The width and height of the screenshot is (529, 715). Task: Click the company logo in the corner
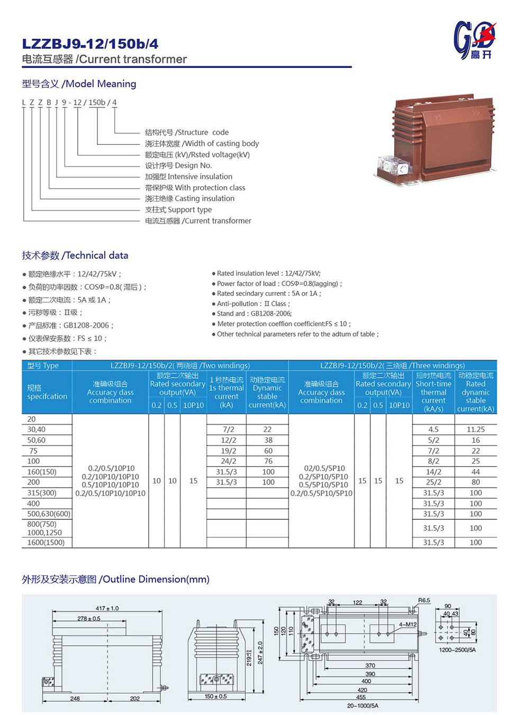[475, 40]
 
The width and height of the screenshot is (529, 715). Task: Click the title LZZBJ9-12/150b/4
[90, 44]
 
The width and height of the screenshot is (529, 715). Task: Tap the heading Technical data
[75, 255]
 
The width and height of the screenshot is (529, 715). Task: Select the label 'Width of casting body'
[202, 143]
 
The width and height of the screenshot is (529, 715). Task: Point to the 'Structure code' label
[187, 132]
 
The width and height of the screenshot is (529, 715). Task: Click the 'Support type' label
[178, 209]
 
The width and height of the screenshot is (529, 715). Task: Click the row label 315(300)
[42, 493]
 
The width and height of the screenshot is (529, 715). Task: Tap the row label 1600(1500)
[46, 542]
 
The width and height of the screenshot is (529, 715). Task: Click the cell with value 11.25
[476, 429]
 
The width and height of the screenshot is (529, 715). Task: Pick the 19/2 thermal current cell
[228, 451]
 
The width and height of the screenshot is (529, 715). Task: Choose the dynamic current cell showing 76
[268, 461]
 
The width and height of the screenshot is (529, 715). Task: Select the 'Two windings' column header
[180, 365]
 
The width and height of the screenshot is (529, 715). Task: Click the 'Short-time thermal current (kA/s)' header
[433, 392]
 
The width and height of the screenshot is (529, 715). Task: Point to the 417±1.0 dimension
[107, 608]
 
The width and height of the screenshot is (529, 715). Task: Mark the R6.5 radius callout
[424, 600]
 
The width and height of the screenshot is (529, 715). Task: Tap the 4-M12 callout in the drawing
[408, 625]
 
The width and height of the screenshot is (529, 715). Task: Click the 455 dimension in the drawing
[361, 697]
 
